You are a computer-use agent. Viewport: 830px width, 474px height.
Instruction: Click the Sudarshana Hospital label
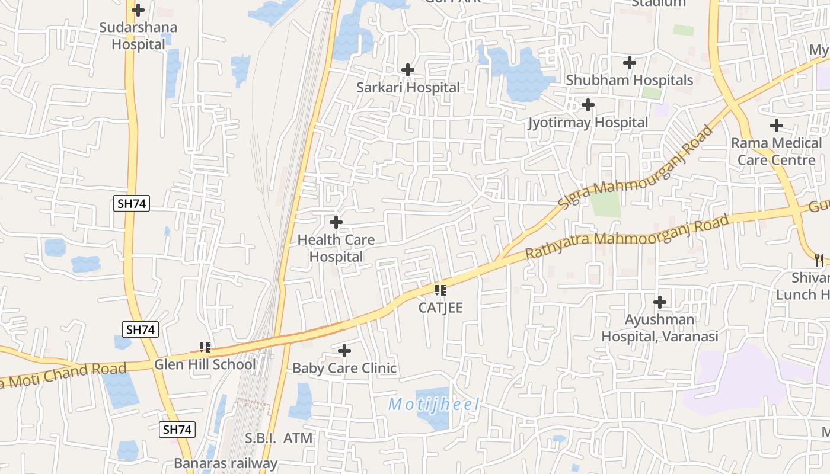tap(138, 36)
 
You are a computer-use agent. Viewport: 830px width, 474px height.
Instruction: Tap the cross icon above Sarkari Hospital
tap(407, 70)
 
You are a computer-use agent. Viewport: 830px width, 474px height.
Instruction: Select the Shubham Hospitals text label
tap(629, 80)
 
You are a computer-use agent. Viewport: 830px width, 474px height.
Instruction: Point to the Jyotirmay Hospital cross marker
tap(588, 105)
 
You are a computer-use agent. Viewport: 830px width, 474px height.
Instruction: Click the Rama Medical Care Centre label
tap(776, 152)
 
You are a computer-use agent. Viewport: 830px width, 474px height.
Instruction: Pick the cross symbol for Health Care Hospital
tap(336, 222)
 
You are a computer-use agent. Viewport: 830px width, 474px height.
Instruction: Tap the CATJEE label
tap(440, 308)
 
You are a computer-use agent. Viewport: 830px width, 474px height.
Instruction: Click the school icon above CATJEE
tap(440, 290)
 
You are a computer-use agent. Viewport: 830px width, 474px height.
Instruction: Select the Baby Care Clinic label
tap(344, 368)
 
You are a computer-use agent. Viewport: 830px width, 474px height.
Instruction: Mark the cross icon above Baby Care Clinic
tap(344, 351)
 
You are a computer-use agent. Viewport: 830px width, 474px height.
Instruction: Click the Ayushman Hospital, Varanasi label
tap(660, 328)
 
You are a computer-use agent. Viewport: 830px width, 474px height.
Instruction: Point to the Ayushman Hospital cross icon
tap(660, 303)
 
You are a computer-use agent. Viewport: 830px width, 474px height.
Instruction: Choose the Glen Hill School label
tap(205, 364)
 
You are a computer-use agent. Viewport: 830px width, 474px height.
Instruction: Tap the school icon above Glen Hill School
tap(205, 347)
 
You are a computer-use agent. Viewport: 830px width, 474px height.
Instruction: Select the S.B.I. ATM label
tap(279, 438)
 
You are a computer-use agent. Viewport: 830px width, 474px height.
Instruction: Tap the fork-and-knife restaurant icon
tap(819, 260)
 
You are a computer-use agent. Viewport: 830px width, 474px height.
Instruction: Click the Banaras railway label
tap(225, 463)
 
